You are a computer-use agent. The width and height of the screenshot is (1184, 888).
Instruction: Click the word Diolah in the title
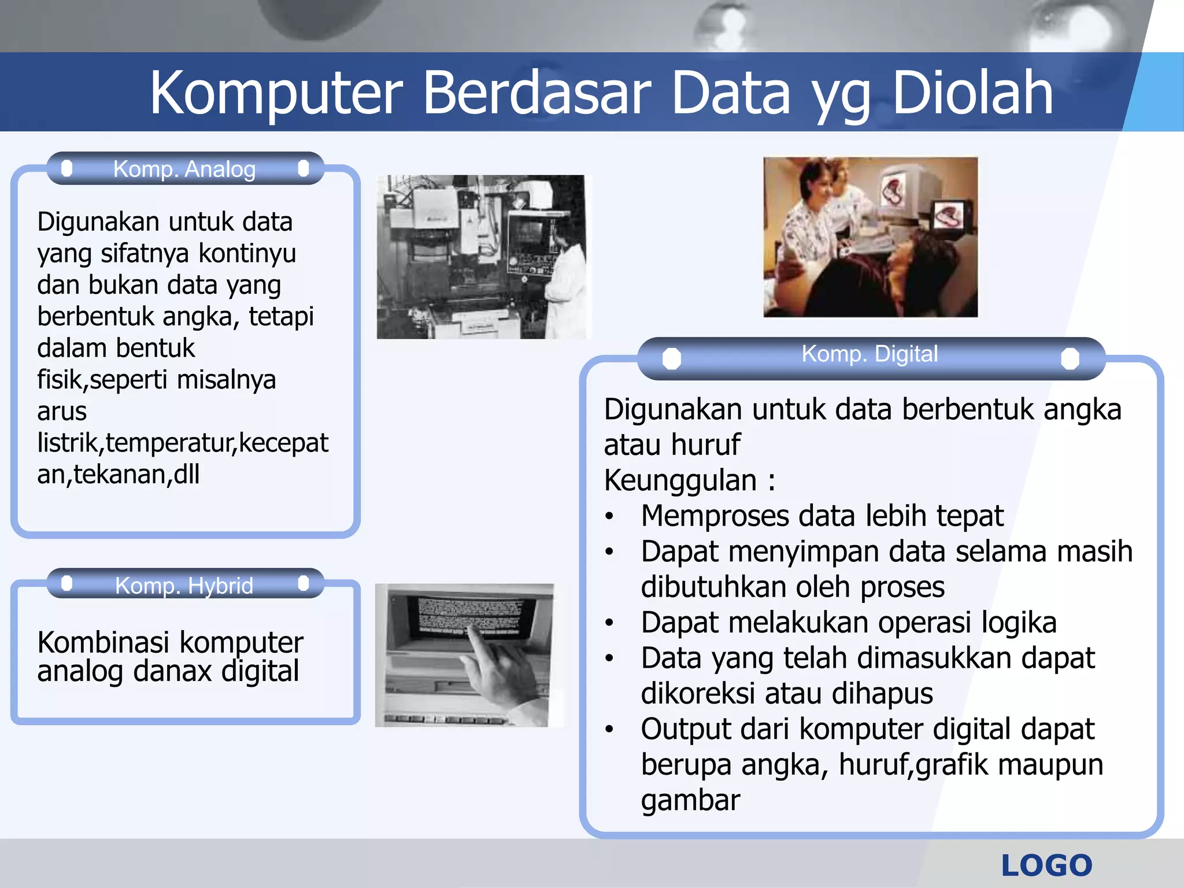[972, 92]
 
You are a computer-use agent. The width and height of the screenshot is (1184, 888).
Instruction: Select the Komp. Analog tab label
[184, 169]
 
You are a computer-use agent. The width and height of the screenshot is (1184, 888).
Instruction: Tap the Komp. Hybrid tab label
[184, 585]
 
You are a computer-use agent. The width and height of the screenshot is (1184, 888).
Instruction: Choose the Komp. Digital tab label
[869, 354]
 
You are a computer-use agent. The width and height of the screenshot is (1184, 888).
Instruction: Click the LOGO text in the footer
[1046, 865]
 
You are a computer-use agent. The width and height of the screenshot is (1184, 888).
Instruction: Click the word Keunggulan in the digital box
[680, 480]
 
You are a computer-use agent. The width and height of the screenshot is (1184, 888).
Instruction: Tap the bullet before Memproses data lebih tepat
[609, 516]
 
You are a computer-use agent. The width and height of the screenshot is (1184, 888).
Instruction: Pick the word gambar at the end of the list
[690, 801]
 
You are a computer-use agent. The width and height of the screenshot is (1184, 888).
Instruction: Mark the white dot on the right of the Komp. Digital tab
[1070, 358]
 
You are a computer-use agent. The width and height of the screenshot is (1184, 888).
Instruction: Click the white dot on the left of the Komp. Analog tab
[67, 168]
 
